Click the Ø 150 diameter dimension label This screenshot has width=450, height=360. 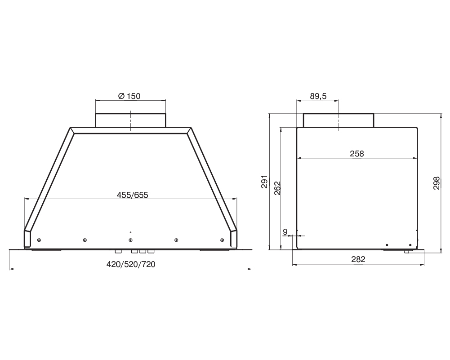pos(129,96)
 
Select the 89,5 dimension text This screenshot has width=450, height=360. pos(318,96)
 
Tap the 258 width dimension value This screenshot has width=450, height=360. pos(356,154)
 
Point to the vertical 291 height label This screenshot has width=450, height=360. pos(264,181)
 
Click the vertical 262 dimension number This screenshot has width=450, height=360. pos(277,187)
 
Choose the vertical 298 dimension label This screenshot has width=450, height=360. pos(436,182)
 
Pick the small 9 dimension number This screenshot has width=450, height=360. pos(285,232)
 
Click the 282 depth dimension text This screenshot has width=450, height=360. pos(358,259)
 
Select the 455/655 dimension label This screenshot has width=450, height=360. pos(132,195)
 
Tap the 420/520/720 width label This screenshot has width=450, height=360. pos(131,264)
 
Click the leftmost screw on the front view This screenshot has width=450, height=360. pos(39,240)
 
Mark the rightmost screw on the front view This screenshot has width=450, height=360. pos(222,240)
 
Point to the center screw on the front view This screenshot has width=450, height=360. pos(130,240)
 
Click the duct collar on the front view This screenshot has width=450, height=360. pos(130,120)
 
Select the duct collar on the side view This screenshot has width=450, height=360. pos(338,120)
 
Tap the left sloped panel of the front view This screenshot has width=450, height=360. pos(49,180)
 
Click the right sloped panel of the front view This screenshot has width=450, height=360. pos(213,180)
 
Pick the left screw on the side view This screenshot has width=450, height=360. pos(387,245)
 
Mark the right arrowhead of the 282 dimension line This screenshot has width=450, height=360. pos(422,265)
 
